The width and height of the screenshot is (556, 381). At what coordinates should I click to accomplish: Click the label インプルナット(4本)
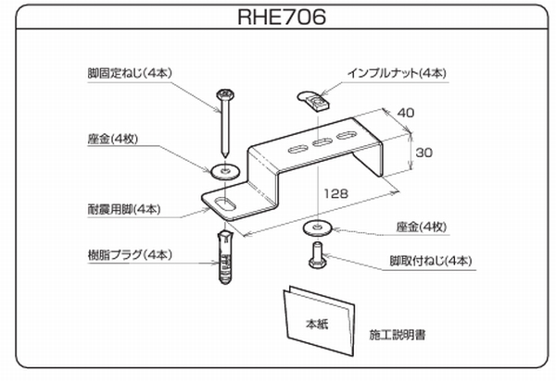[398, 72]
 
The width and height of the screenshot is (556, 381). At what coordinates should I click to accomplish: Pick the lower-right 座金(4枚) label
[421, 227]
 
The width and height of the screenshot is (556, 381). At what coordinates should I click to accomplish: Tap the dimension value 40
[405, 112]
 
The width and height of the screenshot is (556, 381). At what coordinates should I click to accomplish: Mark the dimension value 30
[424, 153]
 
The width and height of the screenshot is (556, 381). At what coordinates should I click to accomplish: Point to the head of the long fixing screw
[224, 94]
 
